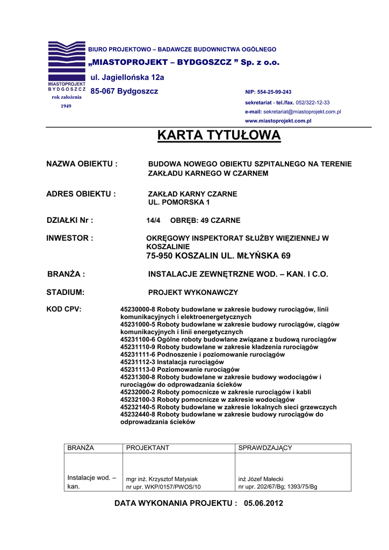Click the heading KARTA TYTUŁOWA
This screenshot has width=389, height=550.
coord(219,136)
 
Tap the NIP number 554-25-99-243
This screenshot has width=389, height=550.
coord(276,92)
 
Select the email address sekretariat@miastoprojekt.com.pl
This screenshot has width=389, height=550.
coord(302,112)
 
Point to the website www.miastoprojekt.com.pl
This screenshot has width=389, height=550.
coord(278,121)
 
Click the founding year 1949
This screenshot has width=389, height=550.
coord(66,106)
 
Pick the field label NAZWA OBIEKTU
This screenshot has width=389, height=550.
coord(82,164)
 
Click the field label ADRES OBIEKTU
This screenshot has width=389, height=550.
coord(81,194)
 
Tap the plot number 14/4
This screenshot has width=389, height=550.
coord(154,221)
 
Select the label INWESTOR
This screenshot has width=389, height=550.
coord(70,238)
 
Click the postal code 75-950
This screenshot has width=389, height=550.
coord(159,256)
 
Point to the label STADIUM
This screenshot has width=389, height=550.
coord(66,293)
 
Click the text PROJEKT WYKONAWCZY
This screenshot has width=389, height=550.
coord(193,293)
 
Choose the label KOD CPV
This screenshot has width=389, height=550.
coord(64,309)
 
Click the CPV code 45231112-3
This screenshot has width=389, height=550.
coord(138,362)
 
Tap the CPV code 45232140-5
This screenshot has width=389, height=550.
coord(138,407)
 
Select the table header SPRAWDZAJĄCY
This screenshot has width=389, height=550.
coord(265,448)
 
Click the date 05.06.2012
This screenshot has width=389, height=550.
coord(263,503)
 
